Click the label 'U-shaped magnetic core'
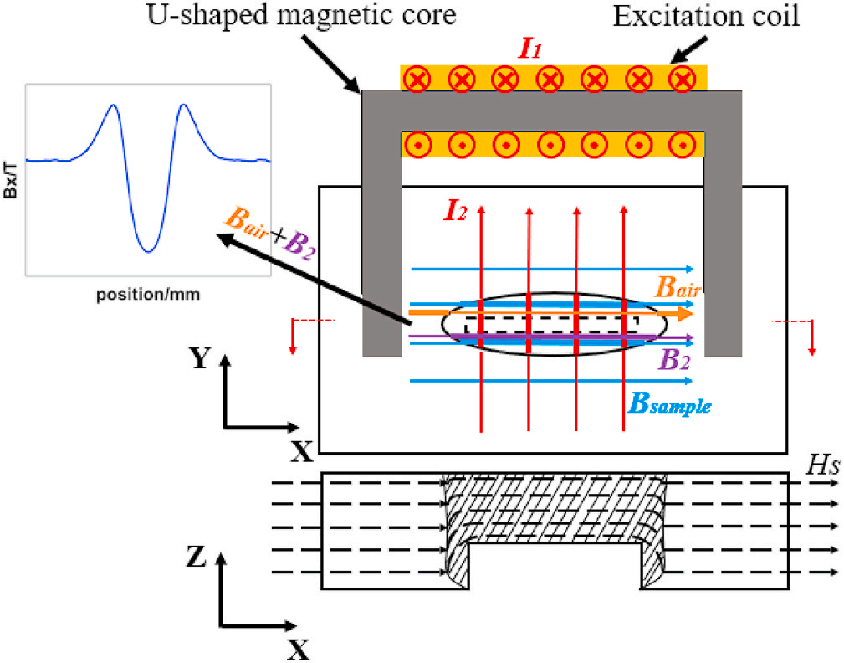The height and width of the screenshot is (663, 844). pyautogui.click(x=301, y=15)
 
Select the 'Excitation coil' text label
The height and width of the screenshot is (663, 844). pyautogui.click(x=706, y=16)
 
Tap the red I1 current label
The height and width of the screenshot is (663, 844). pyautogui.click(x=530, y=49)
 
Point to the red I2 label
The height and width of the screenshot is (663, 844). pyautogui.click(x=455, y=211)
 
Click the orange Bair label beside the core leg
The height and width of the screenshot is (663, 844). pyautogui.click(x=678, y=288)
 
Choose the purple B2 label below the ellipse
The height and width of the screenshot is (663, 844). pyautogui.click(x=673, y=359)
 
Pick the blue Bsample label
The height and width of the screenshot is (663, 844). pyautogui.click(x=670, y=403)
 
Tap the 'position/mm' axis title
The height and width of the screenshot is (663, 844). pyautogui.click(x=148, y=295)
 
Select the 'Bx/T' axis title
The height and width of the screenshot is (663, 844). pyautogui.click(x=10, y=180)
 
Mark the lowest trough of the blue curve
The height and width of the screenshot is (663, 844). pyautogui.click(x=149, y=251)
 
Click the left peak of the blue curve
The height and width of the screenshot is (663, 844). pyautogui.click(x=113, y=105)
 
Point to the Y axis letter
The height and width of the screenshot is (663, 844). pyautogui.click(x=199, y=357)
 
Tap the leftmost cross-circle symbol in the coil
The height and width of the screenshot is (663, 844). pyautogui.click(x=417, y=80)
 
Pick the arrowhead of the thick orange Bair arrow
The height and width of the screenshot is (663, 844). pyautogui.click(x=685, y=313)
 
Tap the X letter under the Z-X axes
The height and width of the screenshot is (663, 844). pyautogui.click(x=298, y=650)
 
